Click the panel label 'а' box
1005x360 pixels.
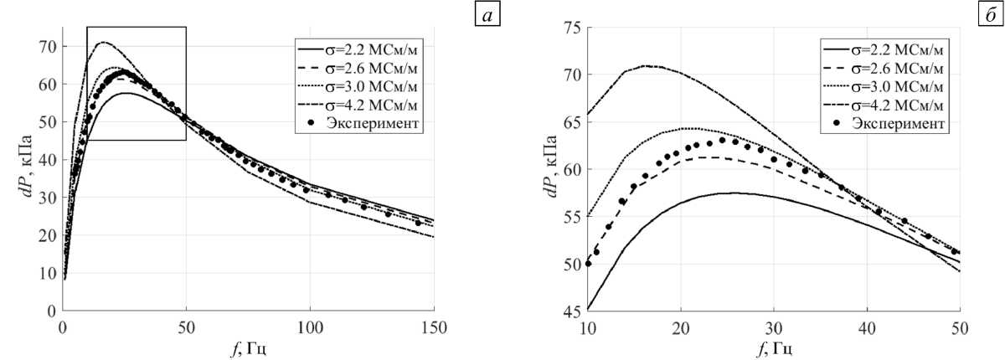[487, 17]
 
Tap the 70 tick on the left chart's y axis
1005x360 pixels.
[49, 46]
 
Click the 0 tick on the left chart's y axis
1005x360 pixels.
[53, 310]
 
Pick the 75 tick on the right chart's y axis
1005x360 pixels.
[571, 27]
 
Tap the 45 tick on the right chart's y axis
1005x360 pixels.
[571, 310]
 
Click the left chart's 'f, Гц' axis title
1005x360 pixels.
[249, 344]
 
